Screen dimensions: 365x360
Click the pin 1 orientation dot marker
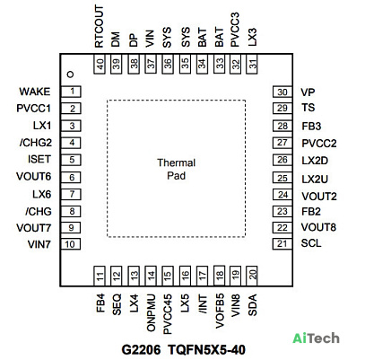point(71,75)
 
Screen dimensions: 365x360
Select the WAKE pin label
point(35,92)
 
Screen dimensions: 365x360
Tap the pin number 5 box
point(71,160)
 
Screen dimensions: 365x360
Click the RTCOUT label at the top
point(99,26)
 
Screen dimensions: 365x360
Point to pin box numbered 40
point(100,64)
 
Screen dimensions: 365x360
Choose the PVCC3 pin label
point(235,30)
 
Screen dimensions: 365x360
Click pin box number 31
point(252,64)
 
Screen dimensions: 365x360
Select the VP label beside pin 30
point(308,92)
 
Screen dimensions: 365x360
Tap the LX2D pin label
point(315,161)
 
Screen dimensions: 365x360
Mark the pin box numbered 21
point(282,244)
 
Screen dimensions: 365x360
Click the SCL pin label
point(311,243)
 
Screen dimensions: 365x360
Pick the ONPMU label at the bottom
point(151,312)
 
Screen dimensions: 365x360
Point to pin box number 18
point(219,276)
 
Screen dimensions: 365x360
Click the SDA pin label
point(253,304)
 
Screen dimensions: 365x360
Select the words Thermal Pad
point(176,169)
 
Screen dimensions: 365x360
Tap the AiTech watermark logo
point(316,338)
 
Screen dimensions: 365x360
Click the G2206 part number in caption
point(141,349)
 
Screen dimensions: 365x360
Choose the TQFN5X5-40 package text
point(206,349)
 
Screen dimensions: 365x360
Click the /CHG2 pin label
point(36,143)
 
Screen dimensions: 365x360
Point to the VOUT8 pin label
point(318,227)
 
